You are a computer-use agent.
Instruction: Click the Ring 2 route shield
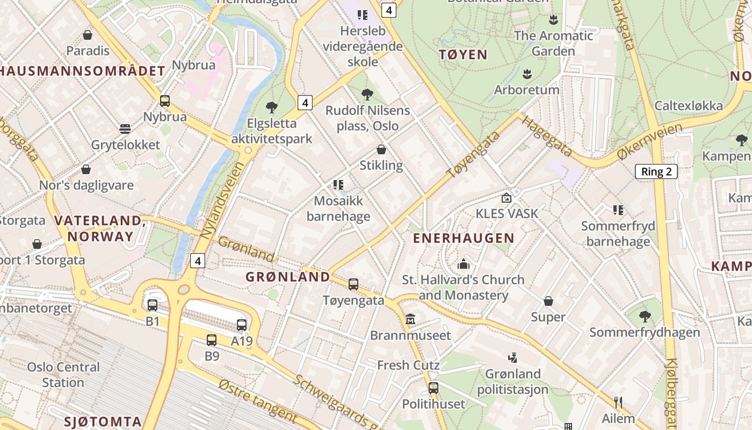click(656, 171)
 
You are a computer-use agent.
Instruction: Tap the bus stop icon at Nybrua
click(165, 101)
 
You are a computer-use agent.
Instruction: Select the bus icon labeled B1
click(153, 305)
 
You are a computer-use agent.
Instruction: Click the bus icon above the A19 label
click(242, 325)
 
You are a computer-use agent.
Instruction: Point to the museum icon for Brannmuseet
click(410, 319)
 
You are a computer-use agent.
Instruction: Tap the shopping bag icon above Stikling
click(381, 149)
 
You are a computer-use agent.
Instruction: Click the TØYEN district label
click(462, 54)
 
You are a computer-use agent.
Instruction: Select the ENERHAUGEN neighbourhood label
click(463, 238)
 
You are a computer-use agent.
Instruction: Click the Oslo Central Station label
click(63, 375)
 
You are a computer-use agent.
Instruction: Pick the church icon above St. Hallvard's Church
click(463, 264)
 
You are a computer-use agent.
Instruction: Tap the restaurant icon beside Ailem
click(618, 402)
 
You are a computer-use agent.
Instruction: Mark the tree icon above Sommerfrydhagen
click(645, 317)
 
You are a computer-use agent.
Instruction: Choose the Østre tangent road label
click(258, 401)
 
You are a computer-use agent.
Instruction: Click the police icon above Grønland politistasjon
click(512, 357)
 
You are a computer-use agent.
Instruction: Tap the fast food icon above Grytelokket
click(125, 129)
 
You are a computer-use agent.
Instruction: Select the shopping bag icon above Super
click(548, 301)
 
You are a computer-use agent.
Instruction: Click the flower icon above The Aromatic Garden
click(553, 20)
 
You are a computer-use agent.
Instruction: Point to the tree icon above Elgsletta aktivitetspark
click(272, 107)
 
